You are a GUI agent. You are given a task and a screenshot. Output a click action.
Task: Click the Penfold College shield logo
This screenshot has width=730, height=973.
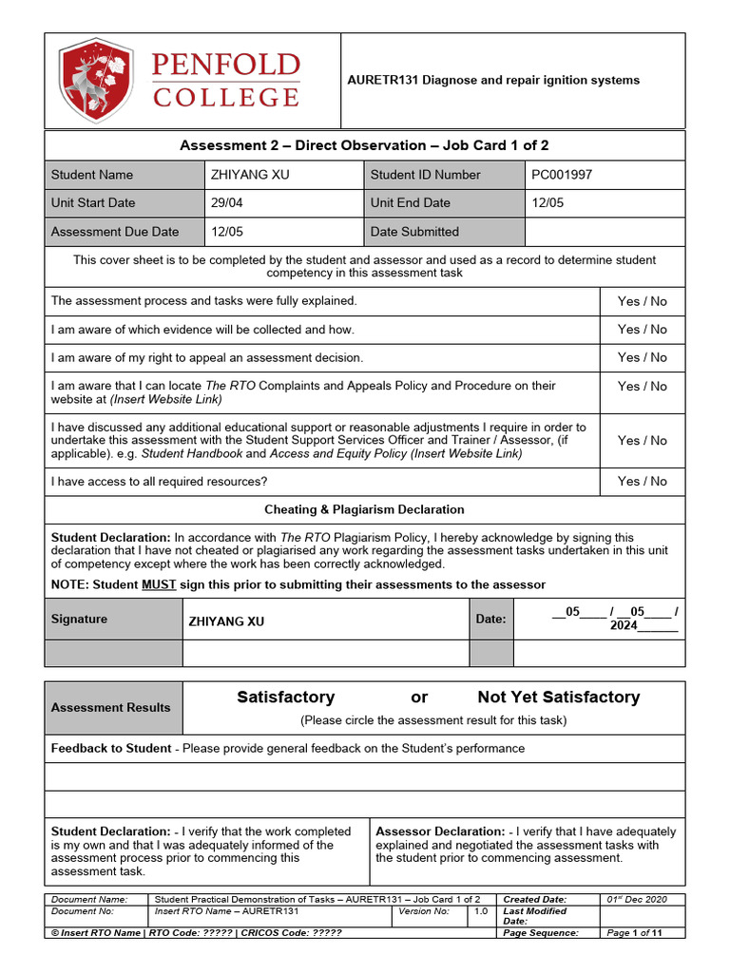tap(96, 81)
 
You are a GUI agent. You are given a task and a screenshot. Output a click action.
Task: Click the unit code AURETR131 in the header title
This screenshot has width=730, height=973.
tap(380, 80)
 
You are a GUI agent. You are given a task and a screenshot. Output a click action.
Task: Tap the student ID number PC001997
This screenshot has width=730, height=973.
tap(562, 175)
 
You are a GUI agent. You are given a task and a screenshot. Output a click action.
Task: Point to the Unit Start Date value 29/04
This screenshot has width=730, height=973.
tap(225, 202)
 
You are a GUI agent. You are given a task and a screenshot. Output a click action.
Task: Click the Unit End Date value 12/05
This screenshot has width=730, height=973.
tap(547, 202)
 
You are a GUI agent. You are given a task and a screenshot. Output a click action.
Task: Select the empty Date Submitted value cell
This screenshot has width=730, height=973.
tap(605, 231)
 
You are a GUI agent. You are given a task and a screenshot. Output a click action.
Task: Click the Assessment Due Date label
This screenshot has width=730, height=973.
tap(114, 231)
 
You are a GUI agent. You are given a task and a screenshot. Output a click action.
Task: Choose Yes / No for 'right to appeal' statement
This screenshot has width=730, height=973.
tap(642, 357)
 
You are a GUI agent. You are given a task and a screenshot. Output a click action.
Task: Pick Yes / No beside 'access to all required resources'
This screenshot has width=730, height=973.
tap(642, 481)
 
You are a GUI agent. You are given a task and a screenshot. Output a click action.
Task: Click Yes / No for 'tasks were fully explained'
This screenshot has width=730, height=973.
tap(642, 301)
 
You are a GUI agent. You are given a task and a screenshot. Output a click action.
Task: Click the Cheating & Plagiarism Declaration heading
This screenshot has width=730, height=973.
tap(364, 509)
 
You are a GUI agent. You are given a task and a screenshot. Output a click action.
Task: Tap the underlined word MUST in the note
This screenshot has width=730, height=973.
tap(159, 584)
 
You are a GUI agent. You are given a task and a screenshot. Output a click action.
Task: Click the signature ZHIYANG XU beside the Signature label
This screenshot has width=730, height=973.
tap(226, 621)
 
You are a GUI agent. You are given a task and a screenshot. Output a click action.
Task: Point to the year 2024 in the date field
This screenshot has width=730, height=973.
tap(624, 626)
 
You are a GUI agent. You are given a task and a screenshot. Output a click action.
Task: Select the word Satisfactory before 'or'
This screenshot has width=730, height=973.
tap(285, 697)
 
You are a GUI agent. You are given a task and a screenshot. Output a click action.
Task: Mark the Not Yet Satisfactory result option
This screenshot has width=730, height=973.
tap(558, 697)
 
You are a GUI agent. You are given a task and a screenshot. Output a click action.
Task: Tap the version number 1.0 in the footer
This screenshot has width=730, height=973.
tap(482, 911)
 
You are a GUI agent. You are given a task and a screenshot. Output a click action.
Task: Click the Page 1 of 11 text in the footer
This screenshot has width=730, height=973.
tap(634, 933)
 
